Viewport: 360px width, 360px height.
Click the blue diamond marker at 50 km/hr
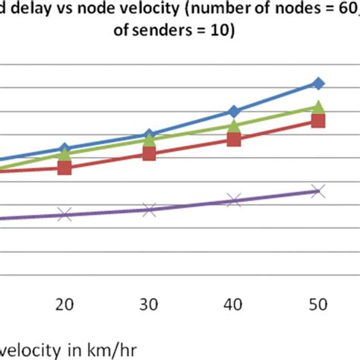pyautogui.click(x=319, y=83)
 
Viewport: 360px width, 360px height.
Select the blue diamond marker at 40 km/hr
pyautogui.click(x=234, y=111)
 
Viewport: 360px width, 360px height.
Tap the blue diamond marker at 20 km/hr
pyautogui.click(x=65, y=148)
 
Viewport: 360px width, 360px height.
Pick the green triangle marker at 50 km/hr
pyautogui.click(x=319, y=107)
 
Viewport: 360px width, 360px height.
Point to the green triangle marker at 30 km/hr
pyautogui.click(x=149, y=140)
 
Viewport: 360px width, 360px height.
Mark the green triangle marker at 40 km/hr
pyautogui.click(x=234, y=125)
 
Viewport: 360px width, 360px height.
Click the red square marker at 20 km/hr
pyautogui.click(x=65, y=168)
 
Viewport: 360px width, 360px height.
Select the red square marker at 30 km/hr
pyautogui.click(x=149, y=153)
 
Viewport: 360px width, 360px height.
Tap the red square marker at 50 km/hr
pyautogui.click(x=319, y=121)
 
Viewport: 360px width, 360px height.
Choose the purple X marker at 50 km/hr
pyautogui.click(x=319, y=191)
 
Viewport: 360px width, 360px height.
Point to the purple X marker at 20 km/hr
pyautogui.click(x=65, y=215)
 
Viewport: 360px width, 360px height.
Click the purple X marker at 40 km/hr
pyautogui.click(x=234, y=201)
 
